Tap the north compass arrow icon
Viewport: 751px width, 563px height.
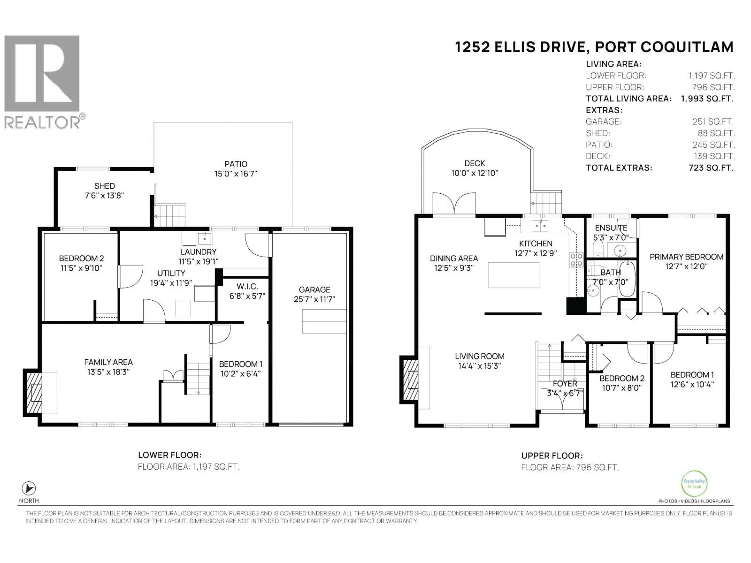[29, 488]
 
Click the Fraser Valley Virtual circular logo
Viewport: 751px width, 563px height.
[694, 483]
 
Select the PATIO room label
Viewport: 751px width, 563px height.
[236, 164]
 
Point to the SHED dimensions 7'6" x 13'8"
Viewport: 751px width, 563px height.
[104, 196]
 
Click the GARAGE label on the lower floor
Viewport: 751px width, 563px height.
[314, 289]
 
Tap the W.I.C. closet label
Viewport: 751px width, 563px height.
[247, 286]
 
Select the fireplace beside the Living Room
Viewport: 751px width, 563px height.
[409, 379]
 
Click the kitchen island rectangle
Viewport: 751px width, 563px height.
[513, 275]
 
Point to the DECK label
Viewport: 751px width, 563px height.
[475, 163]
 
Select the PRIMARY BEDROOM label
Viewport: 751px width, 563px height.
[686, 257]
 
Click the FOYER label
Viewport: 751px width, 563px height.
[565, 383]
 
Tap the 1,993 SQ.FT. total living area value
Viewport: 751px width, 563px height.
[707, 99]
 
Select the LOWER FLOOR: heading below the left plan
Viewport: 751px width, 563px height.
[169, 455]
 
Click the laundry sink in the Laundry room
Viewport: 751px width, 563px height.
[204, 239]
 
